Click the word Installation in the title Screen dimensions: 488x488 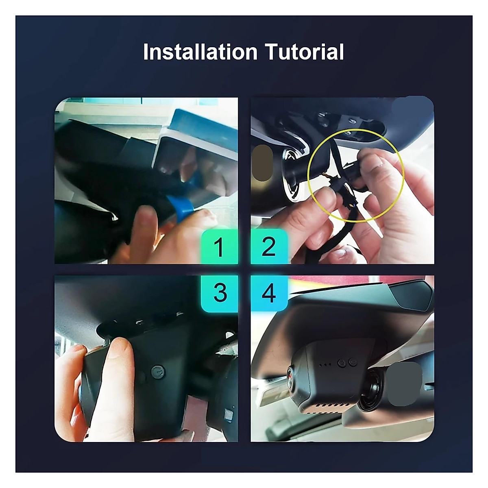click(200, 52)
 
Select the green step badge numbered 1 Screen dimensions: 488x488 click(219, 247)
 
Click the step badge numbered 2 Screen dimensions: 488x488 click(269, 247)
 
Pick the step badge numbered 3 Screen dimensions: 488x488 click(220, 292)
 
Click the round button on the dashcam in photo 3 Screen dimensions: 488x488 click(157, 371)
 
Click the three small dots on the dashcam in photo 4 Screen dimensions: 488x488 click(325, 365)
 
